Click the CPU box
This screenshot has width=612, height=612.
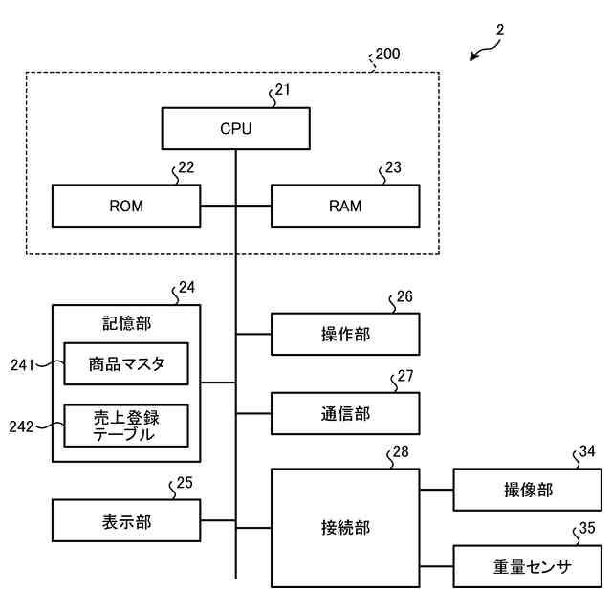tap(235, 128)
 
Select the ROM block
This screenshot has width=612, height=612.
tap(125, 206)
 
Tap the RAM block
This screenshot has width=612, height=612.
tap(345, 206)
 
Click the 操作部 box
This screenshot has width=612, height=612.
tap(345, 334)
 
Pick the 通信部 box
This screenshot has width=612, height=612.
tap(345, 414)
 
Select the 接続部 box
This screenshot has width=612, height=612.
tap(345, 527)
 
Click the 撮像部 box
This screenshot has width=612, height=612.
tap(528, 490)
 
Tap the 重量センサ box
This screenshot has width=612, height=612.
tap(528, 567)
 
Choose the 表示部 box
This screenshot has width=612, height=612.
tap(125, 522)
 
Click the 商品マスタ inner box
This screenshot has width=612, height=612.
tap(125, 363)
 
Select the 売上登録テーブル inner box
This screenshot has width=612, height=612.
tap(125, 426)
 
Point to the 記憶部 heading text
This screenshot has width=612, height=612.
tap(126, 323)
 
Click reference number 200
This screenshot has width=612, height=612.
tap(388, 55)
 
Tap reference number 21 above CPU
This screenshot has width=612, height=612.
tap(282, 91)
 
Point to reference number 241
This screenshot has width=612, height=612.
tap(23, 364)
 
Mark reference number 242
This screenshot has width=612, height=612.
tap(23, 426)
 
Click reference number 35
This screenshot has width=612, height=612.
tap(586, 527)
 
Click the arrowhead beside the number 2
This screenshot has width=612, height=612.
tap(474, 58)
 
